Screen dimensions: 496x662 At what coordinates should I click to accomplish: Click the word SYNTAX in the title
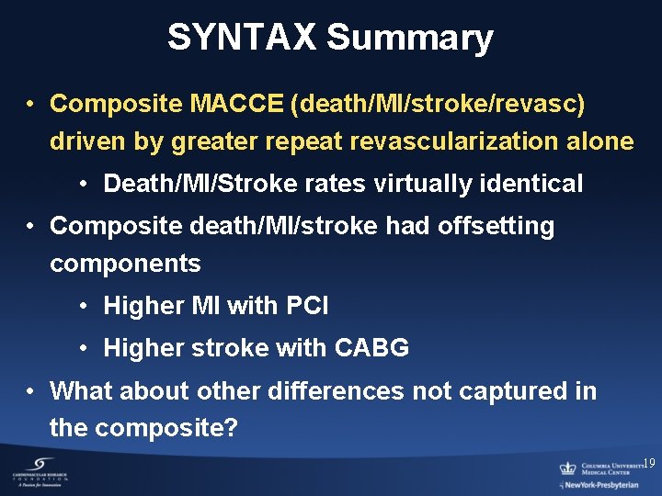[x=242, y=38]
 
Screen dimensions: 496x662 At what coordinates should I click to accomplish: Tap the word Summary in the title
[x=409, y=38]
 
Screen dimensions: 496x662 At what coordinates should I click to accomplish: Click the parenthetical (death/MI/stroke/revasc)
[x=438, y=104]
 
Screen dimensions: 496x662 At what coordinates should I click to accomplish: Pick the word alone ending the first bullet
[x=602, y=141]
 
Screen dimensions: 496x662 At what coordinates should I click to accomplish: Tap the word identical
[x=536, y=184]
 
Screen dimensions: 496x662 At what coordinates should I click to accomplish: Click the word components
[x=125, y=264]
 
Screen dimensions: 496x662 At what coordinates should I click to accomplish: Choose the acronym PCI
[x=305, y=306]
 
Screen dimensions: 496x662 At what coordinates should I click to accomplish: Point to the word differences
[x=336, y=390]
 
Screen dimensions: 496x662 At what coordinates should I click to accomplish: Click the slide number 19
[x=649, y=464]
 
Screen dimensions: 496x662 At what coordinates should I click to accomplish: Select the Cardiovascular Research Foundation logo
[x=40, y=472]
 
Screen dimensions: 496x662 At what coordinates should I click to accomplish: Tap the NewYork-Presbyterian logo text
[x=603, y=484]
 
